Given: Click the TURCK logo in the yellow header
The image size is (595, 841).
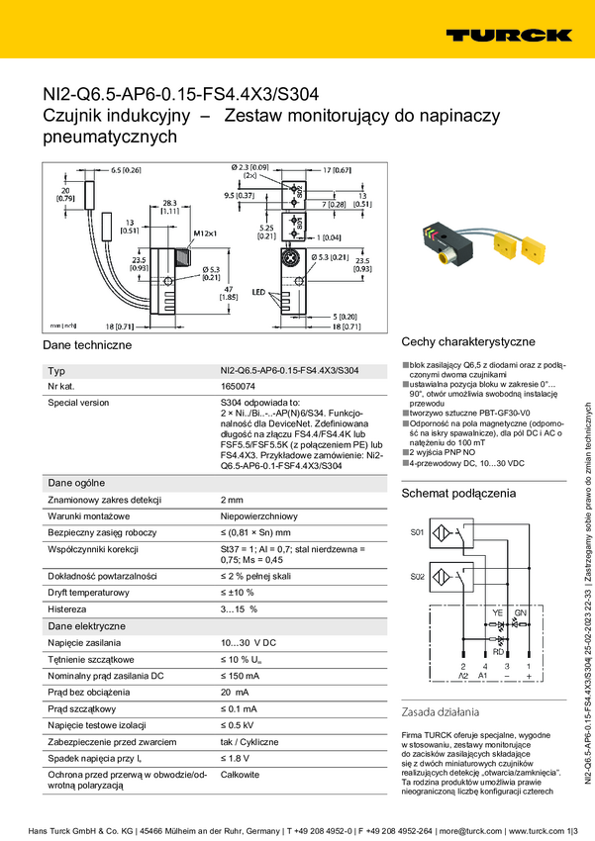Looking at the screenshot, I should pos(507,36).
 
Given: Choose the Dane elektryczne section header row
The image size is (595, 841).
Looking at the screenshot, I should pos(87,626).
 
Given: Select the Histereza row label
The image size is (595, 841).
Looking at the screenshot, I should pos(71,608).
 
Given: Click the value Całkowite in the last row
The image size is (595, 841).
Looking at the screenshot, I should pos(241,775).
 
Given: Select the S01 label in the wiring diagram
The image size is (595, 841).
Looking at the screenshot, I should pos(417,532).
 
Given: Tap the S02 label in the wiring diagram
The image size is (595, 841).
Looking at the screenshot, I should pos(417,576).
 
